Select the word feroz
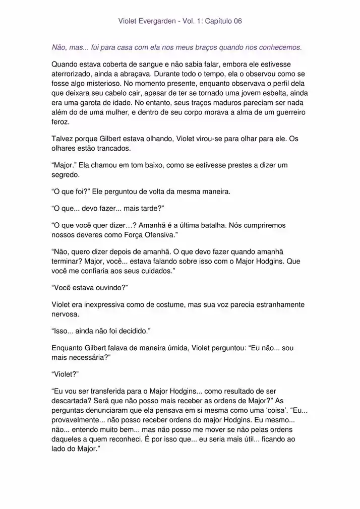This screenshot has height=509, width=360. click(61, 122)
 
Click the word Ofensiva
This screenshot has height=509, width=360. click(154, 234)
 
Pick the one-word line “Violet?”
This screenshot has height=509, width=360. click(66, 374)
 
